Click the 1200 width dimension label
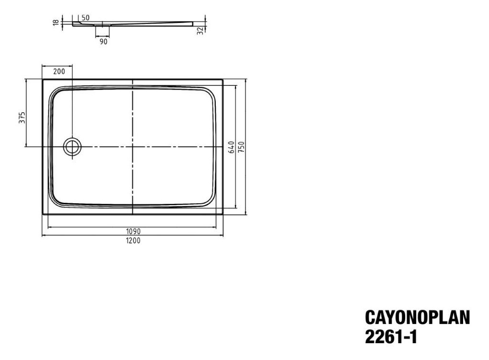coord(133,241)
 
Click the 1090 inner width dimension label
coord(133,232)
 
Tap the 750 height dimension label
coord(241,147)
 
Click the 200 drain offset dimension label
coord(59,71)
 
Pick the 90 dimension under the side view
coord(104,41)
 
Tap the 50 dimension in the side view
coord(85,18)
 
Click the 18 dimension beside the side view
coord(56,23)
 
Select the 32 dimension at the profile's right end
coord(200,31)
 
